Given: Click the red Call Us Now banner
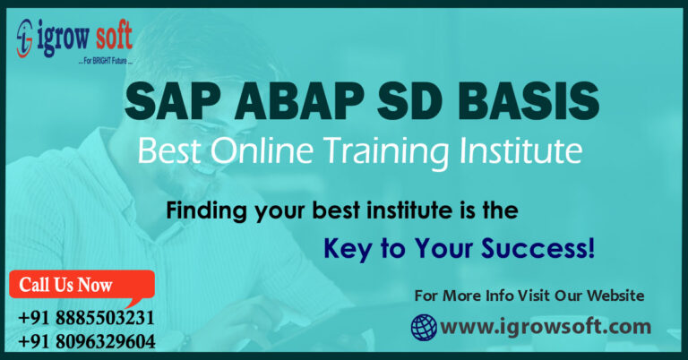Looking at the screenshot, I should pos(75,286).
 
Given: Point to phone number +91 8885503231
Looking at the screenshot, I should pos(86,318).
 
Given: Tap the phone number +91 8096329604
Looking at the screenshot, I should pos(86,341).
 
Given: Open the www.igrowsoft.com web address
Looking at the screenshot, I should pos(546,327).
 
